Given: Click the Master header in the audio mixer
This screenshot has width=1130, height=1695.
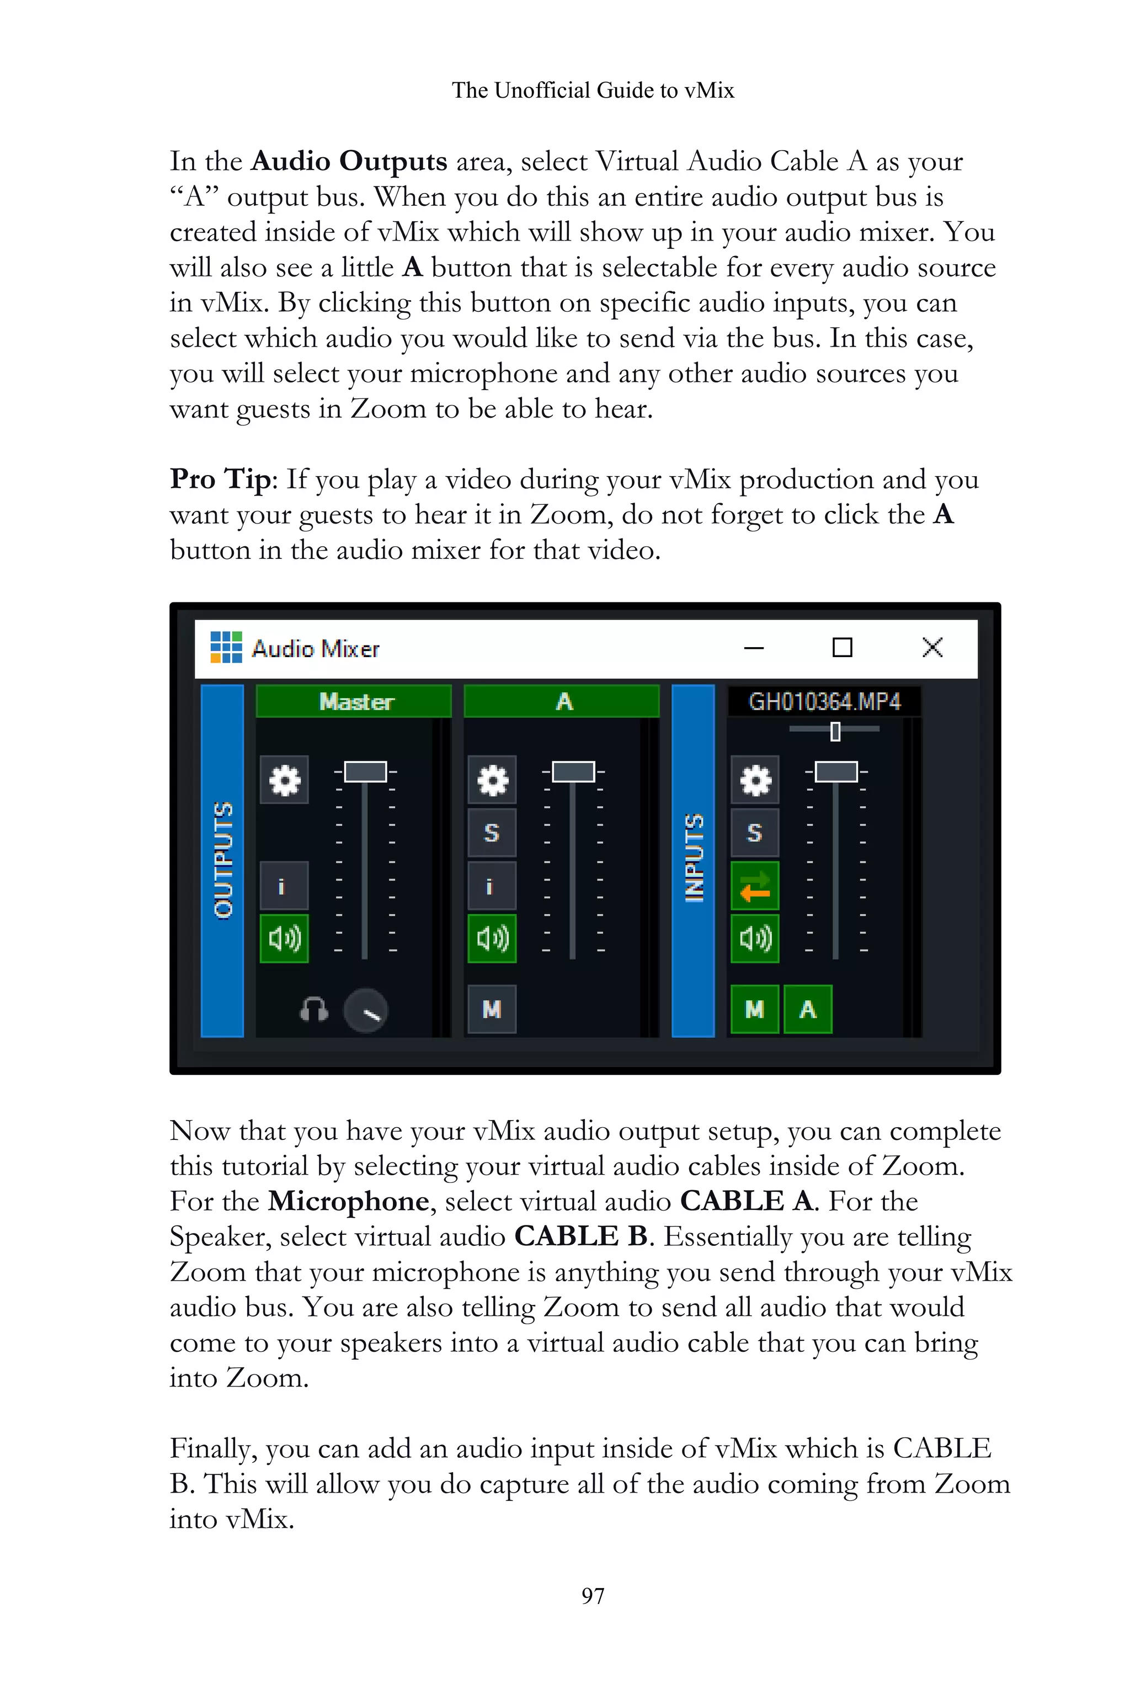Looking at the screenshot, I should (354, 701).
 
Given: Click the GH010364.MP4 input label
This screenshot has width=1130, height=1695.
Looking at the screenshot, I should (824, 701).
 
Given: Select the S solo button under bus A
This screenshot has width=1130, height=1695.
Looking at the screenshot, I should (492, 833).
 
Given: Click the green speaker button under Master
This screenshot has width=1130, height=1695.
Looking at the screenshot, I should (284, 939).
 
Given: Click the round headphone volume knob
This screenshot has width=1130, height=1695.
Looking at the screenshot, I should (366, 1010).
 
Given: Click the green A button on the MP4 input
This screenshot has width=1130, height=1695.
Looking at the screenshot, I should (807, 1009).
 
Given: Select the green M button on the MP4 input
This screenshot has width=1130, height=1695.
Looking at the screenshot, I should (754, 1009).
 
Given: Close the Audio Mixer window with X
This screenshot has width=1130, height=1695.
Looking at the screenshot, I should (932, 647).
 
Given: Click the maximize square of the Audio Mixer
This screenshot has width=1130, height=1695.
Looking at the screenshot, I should (842, 647).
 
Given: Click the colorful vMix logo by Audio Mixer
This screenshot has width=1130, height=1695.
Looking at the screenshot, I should (226, 647).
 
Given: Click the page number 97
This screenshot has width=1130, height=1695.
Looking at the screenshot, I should (593, 1596).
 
